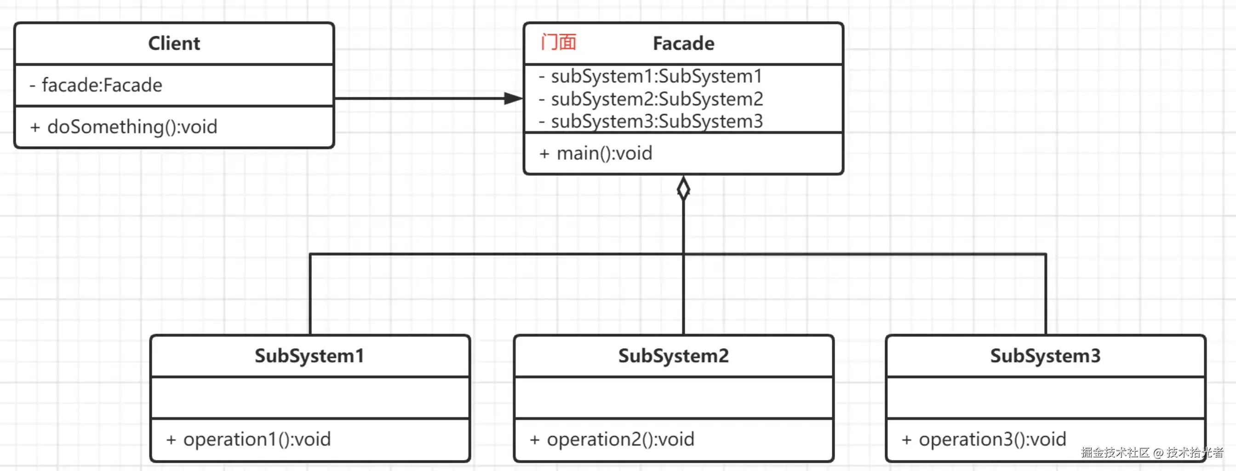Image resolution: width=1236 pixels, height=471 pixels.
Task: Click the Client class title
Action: (x=174, y=44)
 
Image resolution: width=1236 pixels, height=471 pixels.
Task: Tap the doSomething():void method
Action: (x=124, y=127)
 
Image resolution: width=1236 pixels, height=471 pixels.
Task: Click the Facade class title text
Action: (x=683, y=44)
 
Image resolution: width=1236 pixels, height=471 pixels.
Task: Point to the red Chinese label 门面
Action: (x=558, y=43)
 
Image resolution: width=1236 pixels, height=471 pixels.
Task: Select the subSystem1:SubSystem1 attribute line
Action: (x=651, y=76)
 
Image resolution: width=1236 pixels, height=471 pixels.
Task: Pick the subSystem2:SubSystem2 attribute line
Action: (x=651, y=99)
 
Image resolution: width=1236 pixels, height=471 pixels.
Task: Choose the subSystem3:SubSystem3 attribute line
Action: (x=651, y=121)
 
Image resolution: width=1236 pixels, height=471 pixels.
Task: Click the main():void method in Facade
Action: (x=596, y=154)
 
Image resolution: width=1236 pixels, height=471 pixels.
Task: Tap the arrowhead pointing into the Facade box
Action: (x=513, y=98)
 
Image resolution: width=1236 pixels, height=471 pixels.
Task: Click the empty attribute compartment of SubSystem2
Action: (x=673, y=397)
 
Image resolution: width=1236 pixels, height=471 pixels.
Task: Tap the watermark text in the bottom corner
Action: (x=1151, y=452)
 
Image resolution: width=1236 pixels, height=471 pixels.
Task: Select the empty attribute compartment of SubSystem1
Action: (x=309, y=397)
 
